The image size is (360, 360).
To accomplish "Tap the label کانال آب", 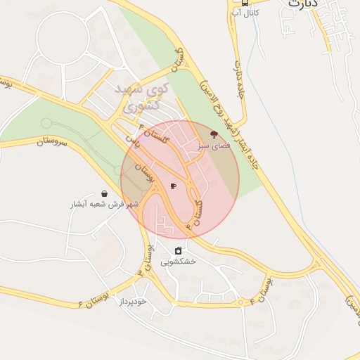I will tap(246, 13).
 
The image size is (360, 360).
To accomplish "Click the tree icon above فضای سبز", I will tap(214, 133).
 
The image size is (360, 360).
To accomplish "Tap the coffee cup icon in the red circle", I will tap(174, 186).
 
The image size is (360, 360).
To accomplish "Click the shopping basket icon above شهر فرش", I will tap(105, 193).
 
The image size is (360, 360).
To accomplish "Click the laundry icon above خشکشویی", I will tap(179, 250).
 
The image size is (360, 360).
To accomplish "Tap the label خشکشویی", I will tap(178, 262).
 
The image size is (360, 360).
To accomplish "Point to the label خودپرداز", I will tap(131, 300).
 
